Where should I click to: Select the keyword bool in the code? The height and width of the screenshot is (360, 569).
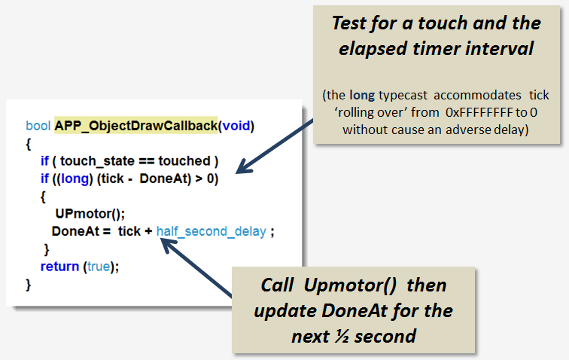pos(38,125)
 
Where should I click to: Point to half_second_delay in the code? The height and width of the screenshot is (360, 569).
pos(211,231)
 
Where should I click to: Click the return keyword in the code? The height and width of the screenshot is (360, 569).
pos(59,266)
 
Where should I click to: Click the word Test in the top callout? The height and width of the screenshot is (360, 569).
pos(349,23)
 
